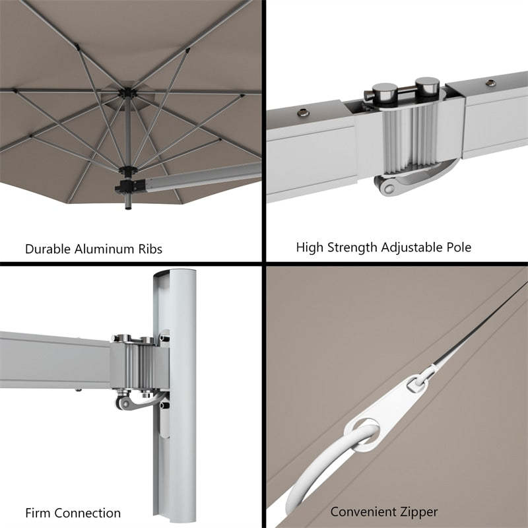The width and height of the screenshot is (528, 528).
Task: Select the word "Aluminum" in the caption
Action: pos(105,249)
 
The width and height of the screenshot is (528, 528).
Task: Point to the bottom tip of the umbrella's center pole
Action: pos(126,209)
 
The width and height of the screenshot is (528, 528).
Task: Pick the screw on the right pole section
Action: pos(492,84)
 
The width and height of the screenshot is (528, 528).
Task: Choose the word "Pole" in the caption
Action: pos(458,248)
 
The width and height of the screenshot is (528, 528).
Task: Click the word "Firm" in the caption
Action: pos(38,513)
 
